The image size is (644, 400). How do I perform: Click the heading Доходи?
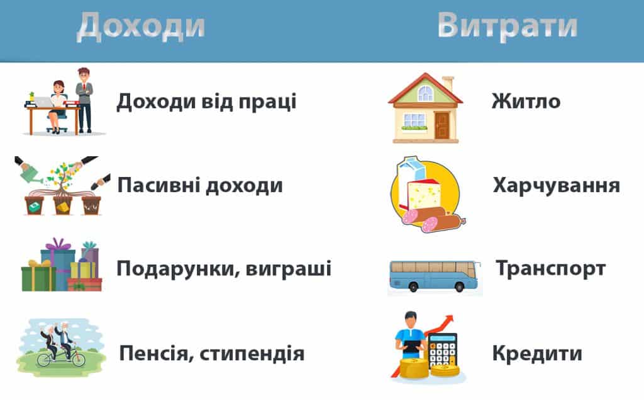tap(141, 26)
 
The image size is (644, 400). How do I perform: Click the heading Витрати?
tap(508, 26)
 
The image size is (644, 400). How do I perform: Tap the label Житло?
tap(526, 101)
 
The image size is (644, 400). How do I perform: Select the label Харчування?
tap(557, 186)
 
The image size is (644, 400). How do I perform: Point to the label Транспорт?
tap(551, 269)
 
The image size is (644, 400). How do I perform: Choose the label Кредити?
tap(537, 353)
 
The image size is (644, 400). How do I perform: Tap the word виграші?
tap(288, 269)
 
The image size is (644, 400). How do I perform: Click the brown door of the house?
tap(442, 125)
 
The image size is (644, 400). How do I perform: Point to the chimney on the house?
tap(448, 84)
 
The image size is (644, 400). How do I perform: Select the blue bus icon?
tap(434, 276)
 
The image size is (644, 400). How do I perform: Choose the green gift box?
tap(38, 279)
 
